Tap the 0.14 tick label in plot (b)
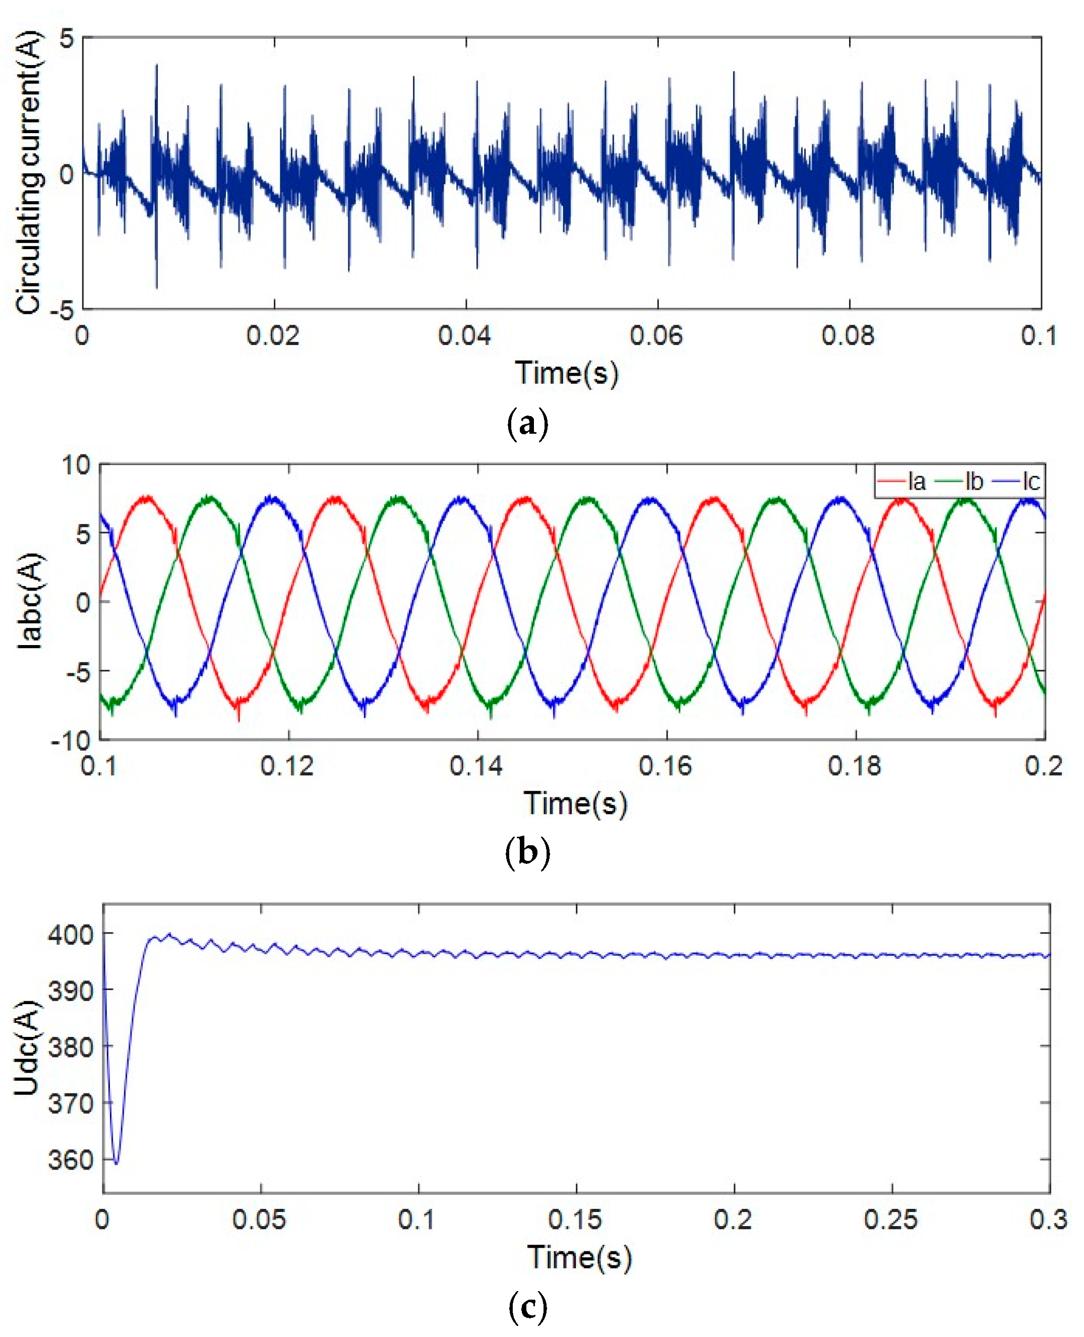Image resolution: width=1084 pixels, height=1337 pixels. point(476,766)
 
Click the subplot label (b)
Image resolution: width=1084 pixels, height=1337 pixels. point(528,852)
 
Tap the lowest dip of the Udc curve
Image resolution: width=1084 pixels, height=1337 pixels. point(116,1163)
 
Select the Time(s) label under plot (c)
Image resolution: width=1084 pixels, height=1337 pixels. point(579,1257)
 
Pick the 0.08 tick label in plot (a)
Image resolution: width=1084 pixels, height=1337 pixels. point(848,336)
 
